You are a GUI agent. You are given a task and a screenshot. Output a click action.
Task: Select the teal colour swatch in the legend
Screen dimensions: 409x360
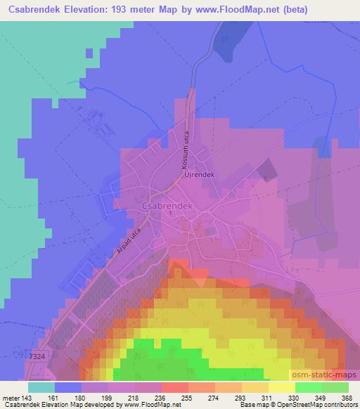point(41,387)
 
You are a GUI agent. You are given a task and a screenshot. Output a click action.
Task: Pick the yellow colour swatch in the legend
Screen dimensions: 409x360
point(282,387)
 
